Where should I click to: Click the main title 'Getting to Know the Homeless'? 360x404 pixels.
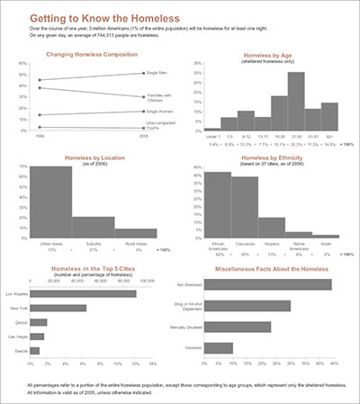point(94,17)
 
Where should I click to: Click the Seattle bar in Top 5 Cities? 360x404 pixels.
point(35,350)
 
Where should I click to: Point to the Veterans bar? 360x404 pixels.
point(220,347)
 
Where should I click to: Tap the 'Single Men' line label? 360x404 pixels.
point(157,73)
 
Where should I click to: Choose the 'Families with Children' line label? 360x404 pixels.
point(158,96)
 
